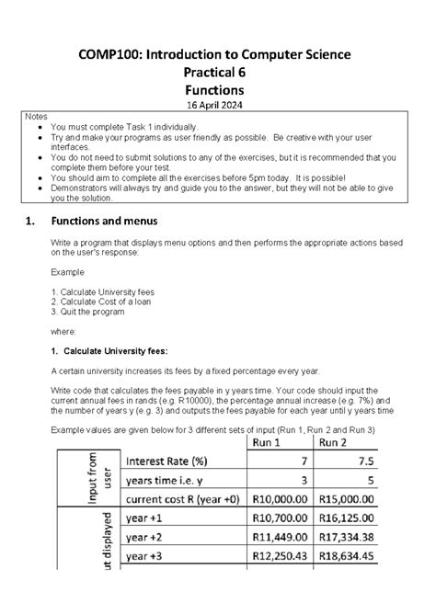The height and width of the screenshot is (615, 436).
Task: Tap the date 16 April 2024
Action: coord(216,106)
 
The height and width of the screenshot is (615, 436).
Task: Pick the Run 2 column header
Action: coord(338,440)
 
